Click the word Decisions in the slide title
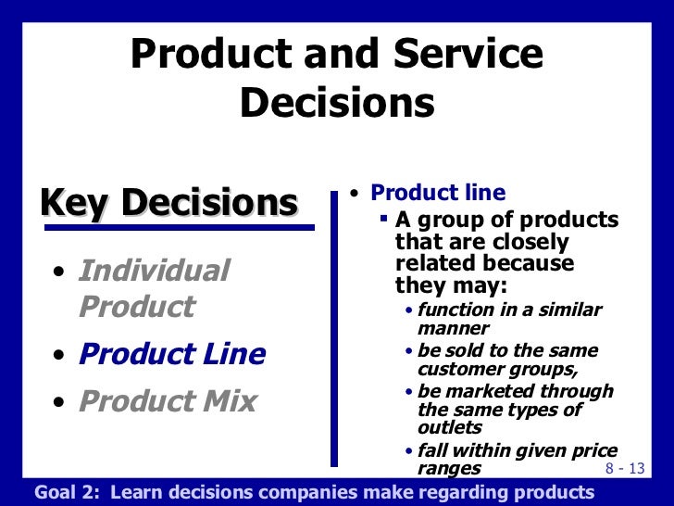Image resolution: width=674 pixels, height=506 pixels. click(337, 104)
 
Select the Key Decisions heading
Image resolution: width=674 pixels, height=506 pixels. click(168, 202)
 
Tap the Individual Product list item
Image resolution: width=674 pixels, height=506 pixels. click(154, 288)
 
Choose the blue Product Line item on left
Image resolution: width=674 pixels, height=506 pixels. click(172, 354)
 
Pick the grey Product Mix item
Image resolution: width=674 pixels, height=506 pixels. click(168, 401)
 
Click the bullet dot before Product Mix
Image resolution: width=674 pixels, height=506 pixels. click(59, 404)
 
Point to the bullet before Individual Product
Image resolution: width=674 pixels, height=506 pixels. click(59, 273)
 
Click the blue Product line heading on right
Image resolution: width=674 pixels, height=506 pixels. click(438, 193)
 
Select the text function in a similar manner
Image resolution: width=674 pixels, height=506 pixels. click(509, 318)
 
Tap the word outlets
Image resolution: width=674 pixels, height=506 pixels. click(450, 427)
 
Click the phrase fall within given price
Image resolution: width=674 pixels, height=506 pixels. click(516, 449)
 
